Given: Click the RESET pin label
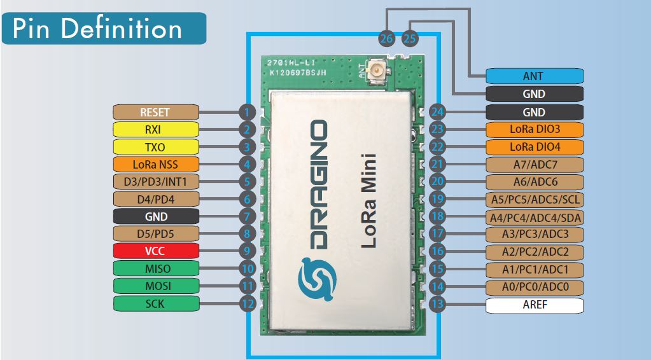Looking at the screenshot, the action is click(x=156, y=112).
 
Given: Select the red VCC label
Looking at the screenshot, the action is click(x=156, y=251).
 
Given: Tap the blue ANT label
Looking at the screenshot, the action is click(x=535, y=76).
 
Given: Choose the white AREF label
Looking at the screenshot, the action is click(x=535, y=305).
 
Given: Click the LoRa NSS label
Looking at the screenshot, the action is click(x=156, y=164).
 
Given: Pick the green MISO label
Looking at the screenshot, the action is click(x=156, y=268).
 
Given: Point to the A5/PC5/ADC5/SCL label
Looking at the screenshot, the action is click(x=535, y=200).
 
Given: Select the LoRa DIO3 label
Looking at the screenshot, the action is click(x=535, y=129).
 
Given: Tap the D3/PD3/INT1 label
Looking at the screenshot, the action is click(x=156, y=182).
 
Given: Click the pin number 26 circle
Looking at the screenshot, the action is click(x=386, y=39).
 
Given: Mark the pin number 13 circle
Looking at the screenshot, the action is click(x=437, y=304).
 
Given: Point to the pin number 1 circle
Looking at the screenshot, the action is click(x=247, y=112).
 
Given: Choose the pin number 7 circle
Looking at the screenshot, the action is click(x=247, y=216).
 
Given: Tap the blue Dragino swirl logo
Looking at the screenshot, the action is click(x=317, y=279).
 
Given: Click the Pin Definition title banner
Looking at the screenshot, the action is click(x=104, y=28).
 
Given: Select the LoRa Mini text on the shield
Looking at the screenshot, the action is click(x=368, y=201).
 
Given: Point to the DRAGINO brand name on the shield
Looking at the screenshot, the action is click(x=318, y=184).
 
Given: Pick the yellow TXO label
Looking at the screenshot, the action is click(x=156, y=147).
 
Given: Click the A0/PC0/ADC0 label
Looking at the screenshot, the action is click(x=535, y=287).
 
